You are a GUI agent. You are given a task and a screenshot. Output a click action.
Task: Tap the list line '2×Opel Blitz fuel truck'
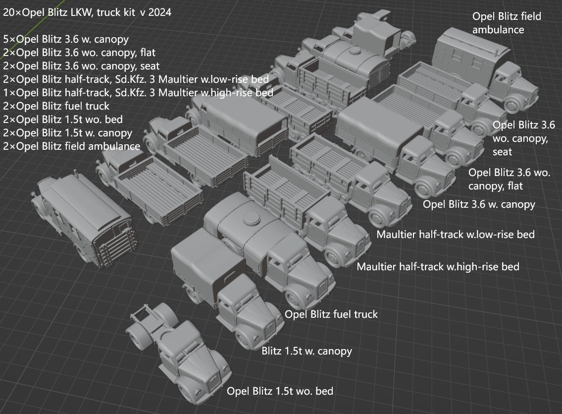(56, 106)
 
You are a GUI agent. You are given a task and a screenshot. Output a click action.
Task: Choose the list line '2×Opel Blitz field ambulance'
(71, 146)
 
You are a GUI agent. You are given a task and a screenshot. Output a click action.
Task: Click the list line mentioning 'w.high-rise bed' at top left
(138, 92)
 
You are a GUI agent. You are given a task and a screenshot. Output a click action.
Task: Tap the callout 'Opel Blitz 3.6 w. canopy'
(479, 204)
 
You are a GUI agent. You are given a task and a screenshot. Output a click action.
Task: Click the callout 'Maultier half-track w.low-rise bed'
(456, 234)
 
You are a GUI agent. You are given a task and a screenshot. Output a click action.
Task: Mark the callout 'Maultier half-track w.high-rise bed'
(438, 267)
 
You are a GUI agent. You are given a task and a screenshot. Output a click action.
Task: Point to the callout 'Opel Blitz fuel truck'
(331, 314)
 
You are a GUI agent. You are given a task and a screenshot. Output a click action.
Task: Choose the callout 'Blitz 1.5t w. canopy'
(307, 351)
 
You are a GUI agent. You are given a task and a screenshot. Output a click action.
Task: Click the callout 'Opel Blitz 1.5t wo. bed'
(280, 391)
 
